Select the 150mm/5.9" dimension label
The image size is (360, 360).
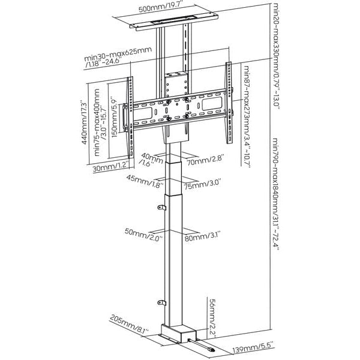tap(113, 100)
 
